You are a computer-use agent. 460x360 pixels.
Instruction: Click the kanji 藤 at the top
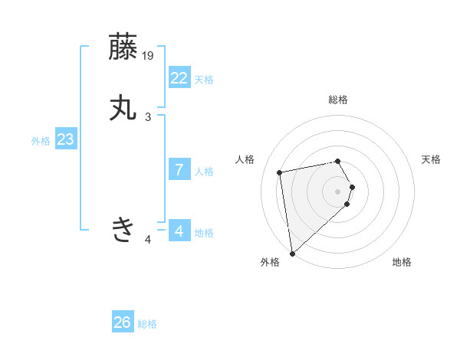click(x=123, y=47)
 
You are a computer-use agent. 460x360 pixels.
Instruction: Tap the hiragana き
click(x=123, y=228)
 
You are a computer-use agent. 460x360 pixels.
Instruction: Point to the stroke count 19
click(x=149, y=56)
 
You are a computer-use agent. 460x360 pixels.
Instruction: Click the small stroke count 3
click(x=148, y=117)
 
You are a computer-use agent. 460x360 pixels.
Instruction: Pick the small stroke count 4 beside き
click(x=148, y=241)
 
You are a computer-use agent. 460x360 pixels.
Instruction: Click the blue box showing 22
click(x=179, y=77)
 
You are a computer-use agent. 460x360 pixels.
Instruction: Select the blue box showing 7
click(x=179, y=169)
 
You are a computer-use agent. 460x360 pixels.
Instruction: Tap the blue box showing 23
click(x=65, y=139)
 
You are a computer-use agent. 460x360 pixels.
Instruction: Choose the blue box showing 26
click(x=123, y=322)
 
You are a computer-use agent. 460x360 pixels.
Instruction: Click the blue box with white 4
click(x=179, y=231)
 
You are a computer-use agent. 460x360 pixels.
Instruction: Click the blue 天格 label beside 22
click(x=204, y=80)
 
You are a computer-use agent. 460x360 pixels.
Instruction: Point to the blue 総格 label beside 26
click(x=147, y=324)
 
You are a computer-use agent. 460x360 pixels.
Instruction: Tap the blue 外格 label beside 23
click(x=41, y=141)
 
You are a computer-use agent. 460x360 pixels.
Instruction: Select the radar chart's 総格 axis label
click(x=338, y=100)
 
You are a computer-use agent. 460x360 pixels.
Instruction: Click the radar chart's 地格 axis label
click(x=402, y=262)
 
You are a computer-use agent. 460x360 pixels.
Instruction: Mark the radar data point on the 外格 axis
click(x=292, y=253)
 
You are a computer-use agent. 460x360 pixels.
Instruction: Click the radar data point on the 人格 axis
click(x=280, y=172)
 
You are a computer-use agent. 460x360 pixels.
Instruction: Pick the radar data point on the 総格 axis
click(x=338, y=161)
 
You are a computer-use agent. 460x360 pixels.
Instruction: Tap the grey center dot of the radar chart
click(x=338, y=191)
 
